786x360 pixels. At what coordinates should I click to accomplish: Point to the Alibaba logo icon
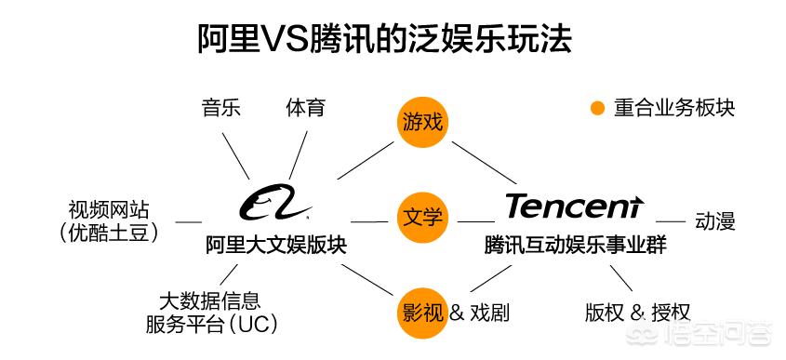point(276,202)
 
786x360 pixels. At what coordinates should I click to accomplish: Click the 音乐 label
point(221,107)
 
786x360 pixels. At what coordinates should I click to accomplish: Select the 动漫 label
point(715,221)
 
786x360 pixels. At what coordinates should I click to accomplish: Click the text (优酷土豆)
point(109,233)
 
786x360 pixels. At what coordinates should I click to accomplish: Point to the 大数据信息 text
point(209,300)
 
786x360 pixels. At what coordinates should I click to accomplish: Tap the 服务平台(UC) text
point(211,325)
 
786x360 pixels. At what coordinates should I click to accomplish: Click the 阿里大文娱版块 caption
point(276,246)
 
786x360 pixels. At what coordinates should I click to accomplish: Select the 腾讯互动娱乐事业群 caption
point(575,246)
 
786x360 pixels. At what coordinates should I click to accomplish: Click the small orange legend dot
point(598,108)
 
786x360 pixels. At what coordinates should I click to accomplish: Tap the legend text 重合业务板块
point(674,108)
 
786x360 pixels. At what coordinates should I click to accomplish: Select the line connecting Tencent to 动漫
point(671,221)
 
